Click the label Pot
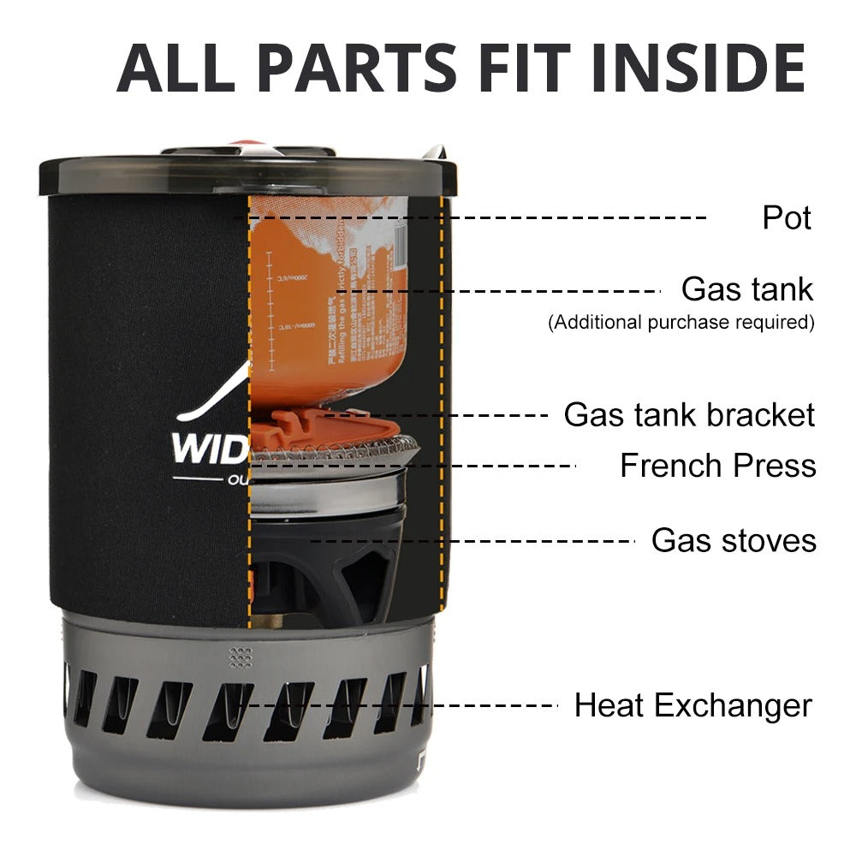point(787,217)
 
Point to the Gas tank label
point(747,289)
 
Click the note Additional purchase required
point(681,323)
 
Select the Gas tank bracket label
point(689,415)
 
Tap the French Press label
point(717,466)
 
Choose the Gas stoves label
point(734,541)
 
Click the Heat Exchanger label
point(693,706)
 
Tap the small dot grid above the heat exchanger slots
point(241,657)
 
